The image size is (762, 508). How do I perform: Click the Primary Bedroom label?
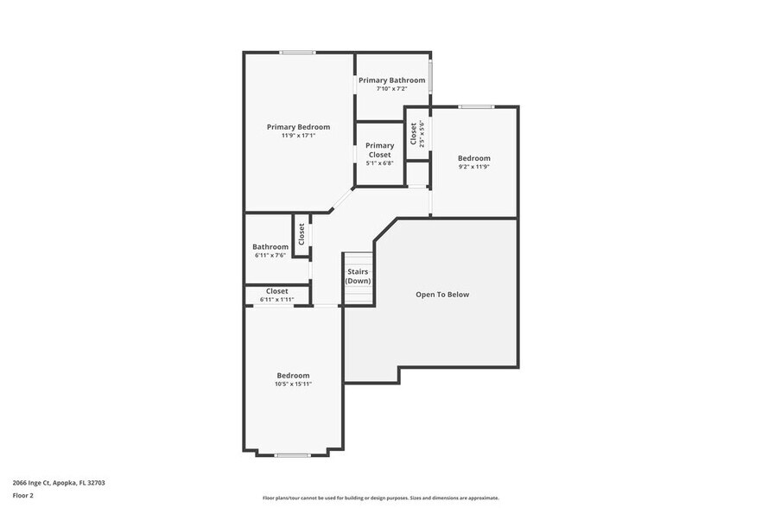[298, 127]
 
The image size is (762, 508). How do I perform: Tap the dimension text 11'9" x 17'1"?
[298, 136]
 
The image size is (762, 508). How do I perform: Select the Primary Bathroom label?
[391, 80]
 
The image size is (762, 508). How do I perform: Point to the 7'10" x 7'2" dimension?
[391, 89]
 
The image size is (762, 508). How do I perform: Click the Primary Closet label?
[379, 150]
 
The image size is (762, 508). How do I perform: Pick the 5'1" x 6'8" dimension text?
[379, 163]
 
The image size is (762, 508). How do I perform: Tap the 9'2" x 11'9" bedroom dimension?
[473, 167]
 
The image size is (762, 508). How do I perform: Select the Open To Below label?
[442, 295]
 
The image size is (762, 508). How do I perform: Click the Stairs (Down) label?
[359, 276]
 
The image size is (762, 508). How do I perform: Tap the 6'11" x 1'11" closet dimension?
[276, 300]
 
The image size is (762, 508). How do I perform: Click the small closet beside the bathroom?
[302, 235]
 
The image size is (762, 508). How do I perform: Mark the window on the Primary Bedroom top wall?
[297, 53]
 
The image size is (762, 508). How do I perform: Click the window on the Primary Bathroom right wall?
[431, 76]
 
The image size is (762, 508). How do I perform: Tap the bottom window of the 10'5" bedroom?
[292, 454]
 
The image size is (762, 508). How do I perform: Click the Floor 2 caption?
[23, 496]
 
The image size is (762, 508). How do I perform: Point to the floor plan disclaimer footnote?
[380, 498]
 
